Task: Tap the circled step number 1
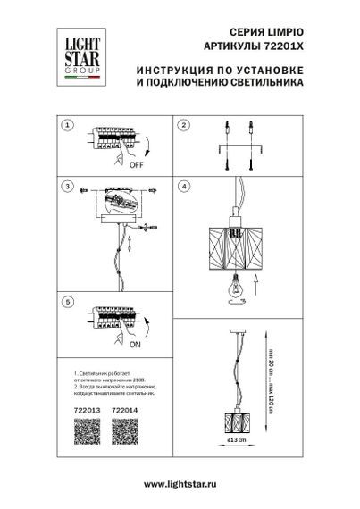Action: pyautogui.click(x=67, y=126)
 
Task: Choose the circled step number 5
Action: pyautogui.click(x=67, y=304)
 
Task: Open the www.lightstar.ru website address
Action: pyautogui.click(x=179, y=483)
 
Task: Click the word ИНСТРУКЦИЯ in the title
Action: pyautogui.click(x=180, y=69)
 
